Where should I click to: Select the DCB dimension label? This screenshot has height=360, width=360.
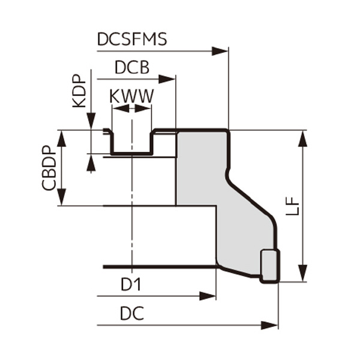click(x=131, y=68)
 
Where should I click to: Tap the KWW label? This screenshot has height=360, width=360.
click(x=131, y=96)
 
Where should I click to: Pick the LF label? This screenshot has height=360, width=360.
click(x=292, y=206)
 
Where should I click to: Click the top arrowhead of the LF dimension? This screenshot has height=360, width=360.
click(x=303, y=137)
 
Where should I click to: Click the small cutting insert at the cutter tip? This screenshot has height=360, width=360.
click(x=269, y=266)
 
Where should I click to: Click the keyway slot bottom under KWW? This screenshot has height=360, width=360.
click(x=131, y=153)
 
